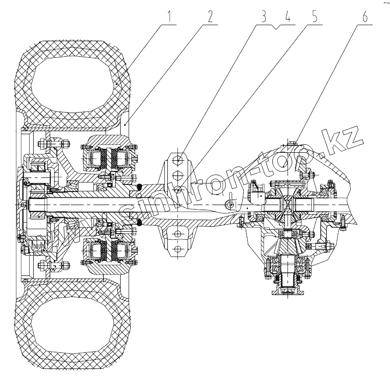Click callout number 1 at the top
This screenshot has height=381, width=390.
pos(171,15)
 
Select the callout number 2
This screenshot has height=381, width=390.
pos(211,15)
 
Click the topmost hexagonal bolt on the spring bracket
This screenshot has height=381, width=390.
pos(177,160)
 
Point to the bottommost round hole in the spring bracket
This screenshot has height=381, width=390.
pos(177,250)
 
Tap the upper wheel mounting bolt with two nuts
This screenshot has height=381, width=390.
pos(55,146)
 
